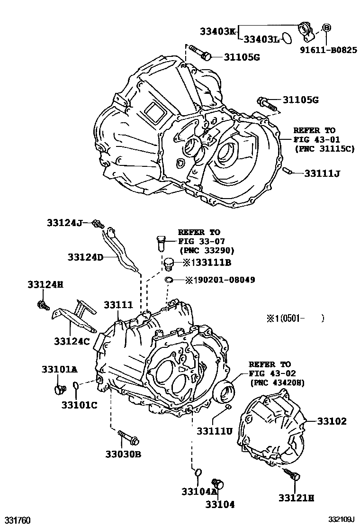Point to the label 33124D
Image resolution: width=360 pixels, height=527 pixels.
85,257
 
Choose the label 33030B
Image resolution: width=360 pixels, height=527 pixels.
123,454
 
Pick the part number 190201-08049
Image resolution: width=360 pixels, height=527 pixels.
220,280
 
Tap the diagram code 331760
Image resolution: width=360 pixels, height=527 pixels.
18,520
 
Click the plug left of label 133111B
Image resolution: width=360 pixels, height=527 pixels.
168,263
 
